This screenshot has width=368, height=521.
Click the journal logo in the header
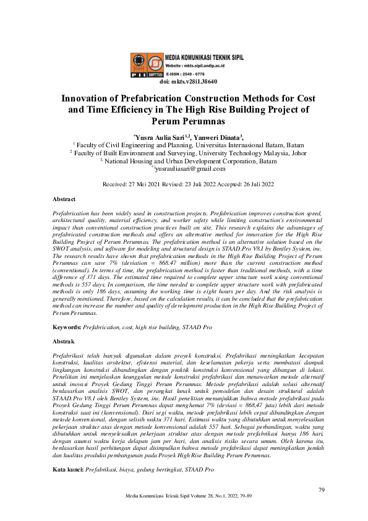(x=147, y=65)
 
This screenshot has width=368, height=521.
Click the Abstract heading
(x=64, y=199)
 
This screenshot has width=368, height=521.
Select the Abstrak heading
(x=64, y=341)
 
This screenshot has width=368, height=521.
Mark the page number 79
(x=322, y=490)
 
